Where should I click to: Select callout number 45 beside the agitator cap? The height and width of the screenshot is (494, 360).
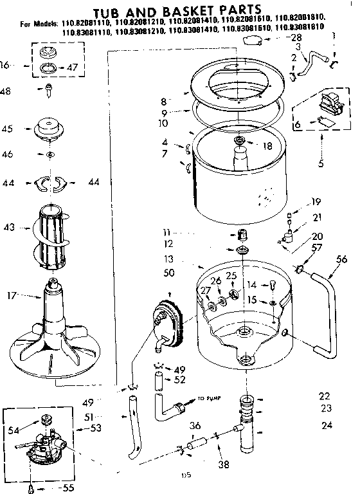[x=8, y=129]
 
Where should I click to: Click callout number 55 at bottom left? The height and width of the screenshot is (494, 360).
[x=66, y=488]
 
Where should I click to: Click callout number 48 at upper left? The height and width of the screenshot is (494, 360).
[x=6, y=91]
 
